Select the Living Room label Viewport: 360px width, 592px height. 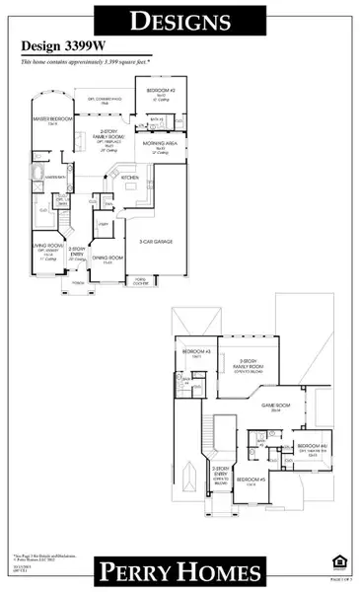44,249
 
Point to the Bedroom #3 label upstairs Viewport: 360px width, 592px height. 194,352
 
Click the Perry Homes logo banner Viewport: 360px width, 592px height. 179,572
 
